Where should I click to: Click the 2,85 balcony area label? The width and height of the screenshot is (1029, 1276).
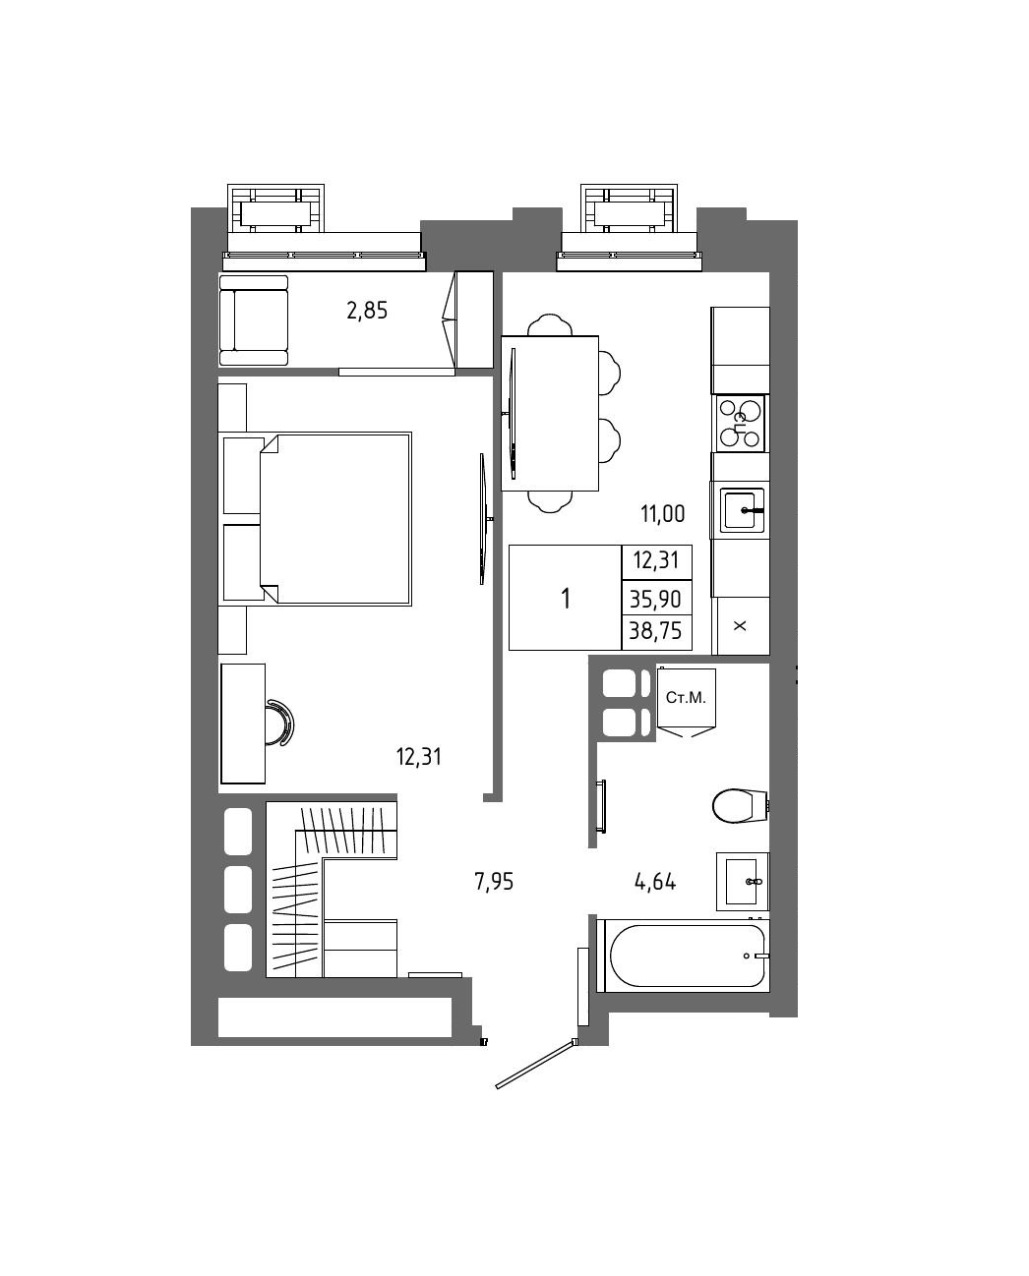tap(367, 310)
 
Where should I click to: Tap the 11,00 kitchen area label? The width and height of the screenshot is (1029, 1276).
tap(662, 513)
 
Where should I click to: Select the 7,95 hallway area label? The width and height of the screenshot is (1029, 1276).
tap(493, 882)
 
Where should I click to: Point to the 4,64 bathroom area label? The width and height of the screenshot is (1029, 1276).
tap(655, 882)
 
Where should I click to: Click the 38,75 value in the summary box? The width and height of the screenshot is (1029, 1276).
tap(655, 630)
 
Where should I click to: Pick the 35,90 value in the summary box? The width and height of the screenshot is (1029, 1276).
tap(655, 600)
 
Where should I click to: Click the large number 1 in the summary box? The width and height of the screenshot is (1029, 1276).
tap(566, 599)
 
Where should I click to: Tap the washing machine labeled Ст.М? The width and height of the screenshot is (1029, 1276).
tap(686, 703)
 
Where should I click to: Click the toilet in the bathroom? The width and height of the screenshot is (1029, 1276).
tap(741, 806)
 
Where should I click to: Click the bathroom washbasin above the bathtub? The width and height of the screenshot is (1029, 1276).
tap(743, 882)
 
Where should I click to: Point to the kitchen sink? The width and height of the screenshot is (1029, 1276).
tap(742, 510)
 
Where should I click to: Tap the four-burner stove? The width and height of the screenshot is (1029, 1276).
tap(740, 424)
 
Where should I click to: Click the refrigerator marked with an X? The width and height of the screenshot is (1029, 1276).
tap(740, 625)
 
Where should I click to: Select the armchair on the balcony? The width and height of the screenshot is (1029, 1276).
tap(254, 320)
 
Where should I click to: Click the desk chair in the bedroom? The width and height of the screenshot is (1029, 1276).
tap(280, 723)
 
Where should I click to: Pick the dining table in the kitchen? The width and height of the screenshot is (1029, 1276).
tap(550, 413)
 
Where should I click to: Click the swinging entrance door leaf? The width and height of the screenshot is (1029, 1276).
tap(535, 1065)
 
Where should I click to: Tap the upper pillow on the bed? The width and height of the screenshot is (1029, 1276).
tap(243, 476)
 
